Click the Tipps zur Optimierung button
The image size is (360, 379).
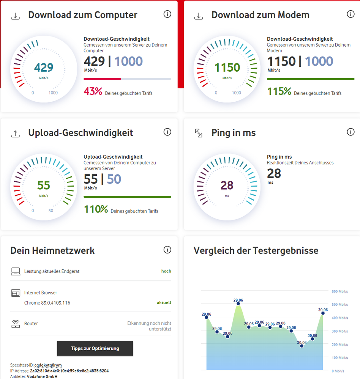point(95,348)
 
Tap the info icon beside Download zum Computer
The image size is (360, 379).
point(167,14)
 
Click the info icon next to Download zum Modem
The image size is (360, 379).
point(351,14)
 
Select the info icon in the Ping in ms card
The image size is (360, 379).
point(351,132)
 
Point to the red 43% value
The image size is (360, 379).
point(93,91)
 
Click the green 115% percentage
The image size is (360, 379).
point(279,91)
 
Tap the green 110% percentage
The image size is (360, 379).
point(96,209)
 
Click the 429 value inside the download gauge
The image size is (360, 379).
point(44,68)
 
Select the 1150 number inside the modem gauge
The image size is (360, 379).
point(227,68)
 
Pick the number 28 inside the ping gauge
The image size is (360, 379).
point(227,185)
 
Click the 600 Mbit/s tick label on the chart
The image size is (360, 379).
point(339,291)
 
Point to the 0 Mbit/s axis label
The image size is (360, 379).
point(338,371)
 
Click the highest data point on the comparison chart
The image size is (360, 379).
point(238,304)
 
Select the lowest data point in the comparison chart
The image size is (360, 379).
point(302,346)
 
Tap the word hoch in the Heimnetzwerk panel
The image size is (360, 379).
point(166,271)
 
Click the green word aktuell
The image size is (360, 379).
point(164,303)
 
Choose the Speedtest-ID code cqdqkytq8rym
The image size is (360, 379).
point(48,365)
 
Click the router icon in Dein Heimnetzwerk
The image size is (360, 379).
point(16,324)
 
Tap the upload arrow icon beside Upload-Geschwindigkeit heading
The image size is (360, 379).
point(15,134)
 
